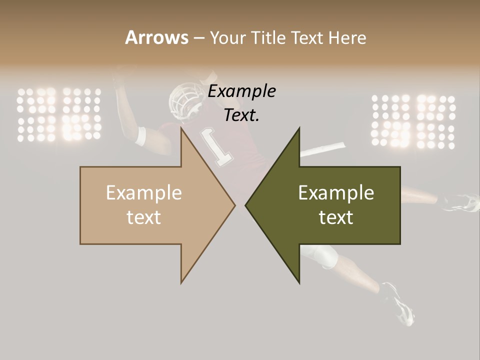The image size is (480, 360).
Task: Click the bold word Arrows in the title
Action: (156, 37)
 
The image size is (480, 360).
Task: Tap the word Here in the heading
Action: (347, 37)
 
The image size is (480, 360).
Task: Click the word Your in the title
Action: (228, 38)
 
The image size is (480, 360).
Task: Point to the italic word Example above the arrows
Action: (242, 91)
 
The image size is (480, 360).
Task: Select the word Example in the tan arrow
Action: (144, 192)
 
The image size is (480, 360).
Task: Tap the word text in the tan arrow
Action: (144, 217)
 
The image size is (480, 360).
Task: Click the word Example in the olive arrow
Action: (336, 192)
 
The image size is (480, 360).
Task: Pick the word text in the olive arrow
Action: (336, 217)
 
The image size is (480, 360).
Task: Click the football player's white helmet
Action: (183, 99)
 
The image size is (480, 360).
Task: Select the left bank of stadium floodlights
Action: (59, 114)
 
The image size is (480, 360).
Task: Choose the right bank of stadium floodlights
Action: (413, 121)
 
